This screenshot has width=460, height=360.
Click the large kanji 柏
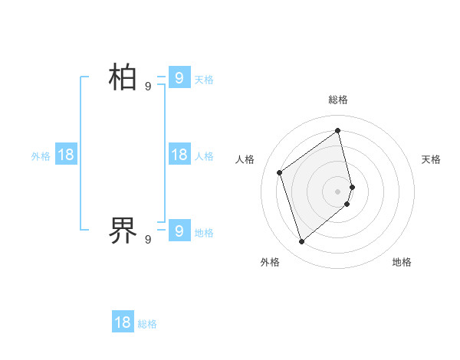pyautogui.click(x=123, y=77)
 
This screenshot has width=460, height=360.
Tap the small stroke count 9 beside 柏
pyautogui.click(x=148, y=87)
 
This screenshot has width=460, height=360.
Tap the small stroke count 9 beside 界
pyautogui.click(x=148, y=240)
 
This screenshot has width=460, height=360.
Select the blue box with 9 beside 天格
pyautogui.click(x=179, y=77)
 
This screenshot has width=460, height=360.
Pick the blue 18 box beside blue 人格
pyautogui.click(x=179, y=155)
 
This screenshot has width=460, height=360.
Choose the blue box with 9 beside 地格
pyautogui.click(x=179, y=231)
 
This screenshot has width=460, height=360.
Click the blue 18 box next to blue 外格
pyautogui.click(x=66, y=155)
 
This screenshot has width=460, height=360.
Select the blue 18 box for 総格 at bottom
pyautogui.click(x=123, y=322)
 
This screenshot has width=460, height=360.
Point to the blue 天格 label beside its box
pyautogui.click(x=204, y=79)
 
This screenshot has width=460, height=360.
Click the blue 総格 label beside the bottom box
pyautogui.click(x=147, y=324)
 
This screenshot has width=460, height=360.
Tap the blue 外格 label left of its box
pyautogui.click(x=41, y=156)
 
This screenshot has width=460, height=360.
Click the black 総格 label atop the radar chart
pyautogui.click(x=338, y=100)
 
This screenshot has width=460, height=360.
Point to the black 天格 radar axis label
pyautogui.click(x=431, y=159)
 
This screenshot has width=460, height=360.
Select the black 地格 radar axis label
pyautogui.click(x=402, y=262)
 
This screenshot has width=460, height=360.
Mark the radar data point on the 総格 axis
pyautogui.click(x=338, y=130)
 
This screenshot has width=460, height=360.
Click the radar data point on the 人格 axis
pyautogui.click(x=280, y=172)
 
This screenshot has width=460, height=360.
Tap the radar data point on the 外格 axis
pyautogui.click(x=301, y=242)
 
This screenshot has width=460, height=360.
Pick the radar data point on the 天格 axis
pyautogui.click(x=352, y=186)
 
